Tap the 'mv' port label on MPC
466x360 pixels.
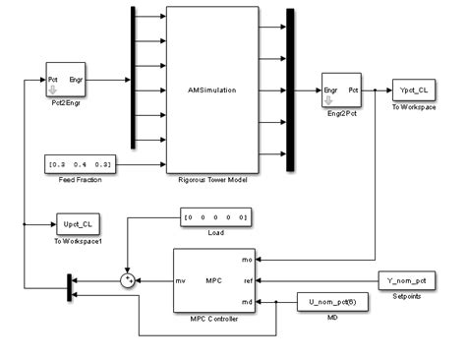pyautogui.click(x=181, y=282)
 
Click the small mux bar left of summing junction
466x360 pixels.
pyautogui.click(x=68, y=287)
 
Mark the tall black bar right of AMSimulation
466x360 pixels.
pyautogui.click(x=289, y=90)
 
